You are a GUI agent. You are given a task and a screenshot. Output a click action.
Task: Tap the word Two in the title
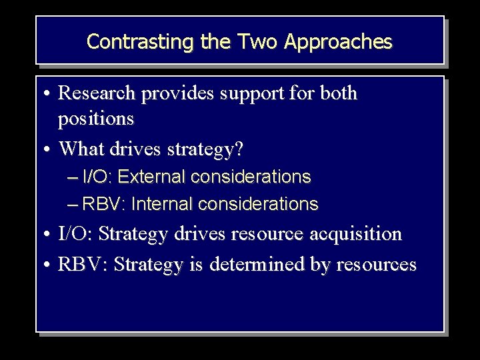(253, 42)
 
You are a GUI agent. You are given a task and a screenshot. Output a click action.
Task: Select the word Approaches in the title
(338, 42)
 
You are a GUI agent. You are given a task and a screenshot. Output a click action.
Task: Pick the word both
(339, 93)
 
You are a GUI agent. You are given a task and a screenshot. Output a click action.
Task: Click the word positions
(96, 119)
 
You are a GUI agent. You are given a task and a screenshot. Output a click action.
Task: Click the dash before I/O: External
(73, 177)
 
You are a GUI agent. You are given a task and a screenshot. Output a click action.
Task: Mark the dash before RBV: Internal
(73, 204)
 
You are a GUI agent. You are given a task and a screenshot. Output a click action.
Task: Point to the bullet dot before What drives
(50, 149)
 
